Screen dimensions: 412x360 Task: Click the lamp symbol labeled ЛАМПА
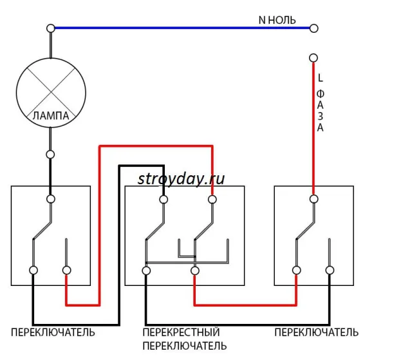click(51, 93)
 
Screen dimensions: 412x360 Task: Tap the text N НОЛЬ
click(277, 20)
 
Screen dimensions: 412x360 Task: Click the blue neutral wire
click(182, 28)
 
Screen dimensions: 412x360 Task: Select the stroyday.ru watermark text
click(181, 179)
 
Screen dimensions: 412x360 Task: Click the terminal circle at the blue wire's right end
click(314, 28)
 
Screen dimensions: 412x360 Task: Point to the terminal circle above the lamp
click(51, 28)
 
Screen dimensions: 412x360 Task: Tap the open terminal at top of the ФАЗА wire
click(314, 58)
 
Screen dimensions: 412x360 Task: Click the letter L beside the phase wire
click(320, 78)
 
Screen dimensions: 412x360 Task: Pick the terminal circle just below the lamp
click(50, 155)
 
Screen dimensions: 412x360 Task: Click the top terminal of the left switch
click(51, 199)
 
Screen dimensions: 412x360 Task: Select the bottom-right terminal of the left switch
click(66, 270)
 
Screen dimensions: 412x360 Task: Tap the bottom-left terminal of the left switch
click(33, 270)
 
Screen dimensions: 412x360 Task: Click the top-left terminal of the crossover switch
click(164, 200)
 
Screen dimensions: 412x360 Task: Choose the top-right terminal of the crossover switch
click(212, 200)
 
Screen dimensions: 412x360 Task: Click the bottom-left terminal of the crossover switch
click(146, 270)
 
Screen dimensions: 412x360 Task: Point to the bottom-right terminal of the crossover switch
click(194, 270)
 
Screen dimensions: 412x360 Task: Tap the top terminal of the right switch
click(314, 199)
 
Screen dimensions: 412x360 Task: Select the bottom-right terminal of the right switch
click(330, 270)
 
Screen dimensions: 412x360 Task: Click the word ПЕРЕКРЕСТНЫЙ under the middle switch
click(181, 332)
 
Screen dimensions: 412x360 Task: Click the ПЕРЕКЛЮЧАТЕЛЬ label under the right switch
click(316, 332)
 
